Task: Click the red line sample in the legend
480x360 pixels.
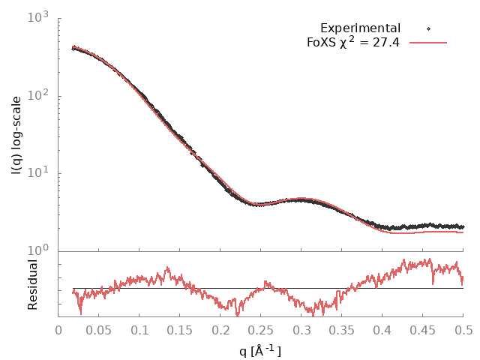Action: (x=428, y=43)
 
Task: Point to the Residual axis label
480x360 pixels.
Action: (x=32, y=285)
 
